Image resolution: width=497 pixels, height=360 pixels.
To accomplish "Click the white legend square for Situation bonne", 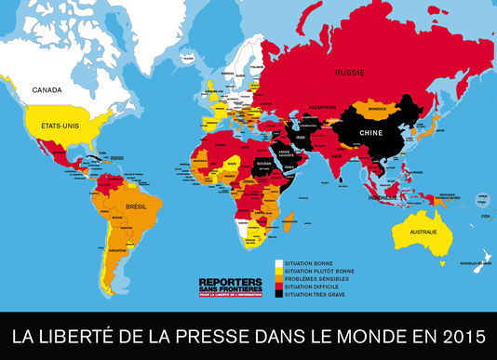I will click(277, 262).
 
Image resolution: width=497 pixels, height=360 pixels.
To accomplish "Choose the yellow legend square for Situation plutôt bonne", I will click(277, 270).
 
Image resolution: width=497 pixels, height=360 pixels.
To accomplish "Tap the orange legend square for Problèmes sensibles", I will click(277, 277).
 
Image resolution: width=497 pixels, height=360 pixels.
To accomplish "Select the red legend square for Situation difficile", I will click(277, 286).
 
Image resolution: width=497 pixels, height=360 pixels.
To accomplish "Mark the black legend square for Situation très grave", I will click(277, 293).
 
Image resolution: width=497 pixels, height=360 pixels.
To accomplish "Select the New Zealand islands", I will click(481, 263).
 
